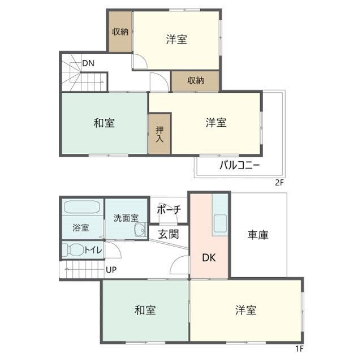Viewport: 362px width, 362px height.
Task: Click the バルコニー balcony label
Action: coord(239,166)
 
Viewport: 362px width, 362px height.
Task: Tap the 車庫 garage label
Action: coord(258,234)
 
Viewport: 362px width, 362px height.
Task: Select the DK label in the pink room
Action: coord(209,258)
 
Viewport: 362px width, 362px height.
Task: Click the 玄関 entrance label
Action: coord(168,234)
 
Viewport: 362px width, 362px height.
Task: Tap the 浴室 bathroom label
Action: coord(80,228)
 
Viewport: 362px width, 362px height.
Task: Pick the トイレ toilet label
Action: coord(93,250)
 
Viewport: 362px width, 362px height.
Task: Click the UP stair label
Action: coord(111,270)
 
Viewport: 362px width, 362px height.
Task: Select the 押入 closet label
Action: coord(160,133)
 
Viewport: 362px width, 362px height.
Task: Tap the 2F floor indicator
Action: coord(278,182)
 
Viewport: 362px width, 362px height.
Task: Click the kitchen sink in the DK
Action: coord(220,225)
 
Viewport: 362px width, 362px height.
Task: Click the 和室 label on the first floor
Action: coord(145,310)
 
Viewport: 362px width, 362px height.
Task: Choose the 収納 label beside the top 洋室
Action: coord(120,32)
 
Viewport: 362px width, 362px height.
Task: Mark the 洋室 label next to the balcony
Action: coord(216,122)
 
